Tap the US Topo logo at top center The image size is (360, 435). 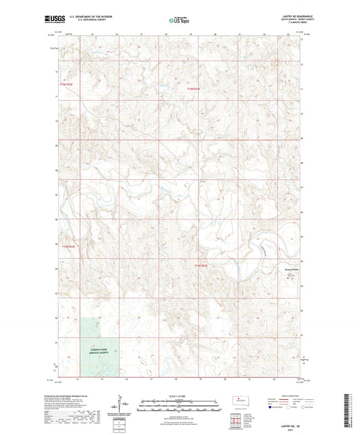point(178,21)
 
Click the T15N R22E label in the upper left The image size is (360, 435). point(65,84)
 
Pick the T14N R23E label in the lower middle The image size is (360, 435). point(202,265)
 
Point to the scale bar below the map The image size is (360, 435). point(179,405)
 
